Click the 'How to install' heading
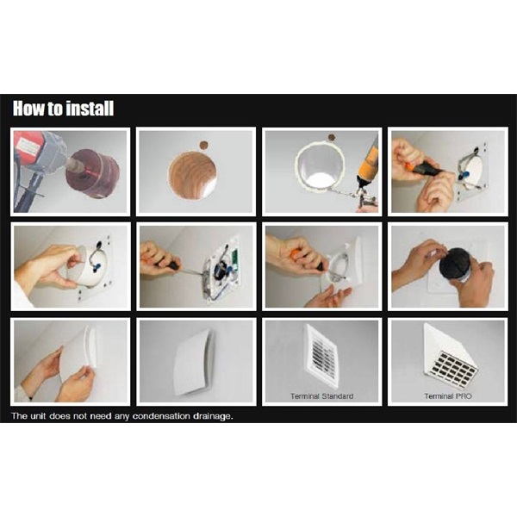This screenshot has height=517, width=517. pos(63,109)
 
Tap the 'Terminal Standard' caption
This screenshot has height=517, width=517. pos(321,396)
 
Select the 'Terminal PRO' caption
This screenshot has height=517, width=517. pos(448,396)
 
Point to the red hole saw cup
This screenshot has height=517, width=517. pos(93,173)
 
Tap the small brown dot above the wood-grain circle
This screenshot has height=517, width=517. pos(204,145)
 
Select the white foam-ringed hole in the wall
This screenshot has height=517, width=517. pos(320,167)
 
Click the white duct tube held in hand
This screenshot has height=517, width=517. pos(80,265)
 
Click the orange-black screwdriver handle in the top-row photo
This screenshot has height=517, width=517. pos(423,169)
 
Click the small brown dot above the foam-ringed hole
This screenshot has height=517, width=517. pos(332,138)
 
